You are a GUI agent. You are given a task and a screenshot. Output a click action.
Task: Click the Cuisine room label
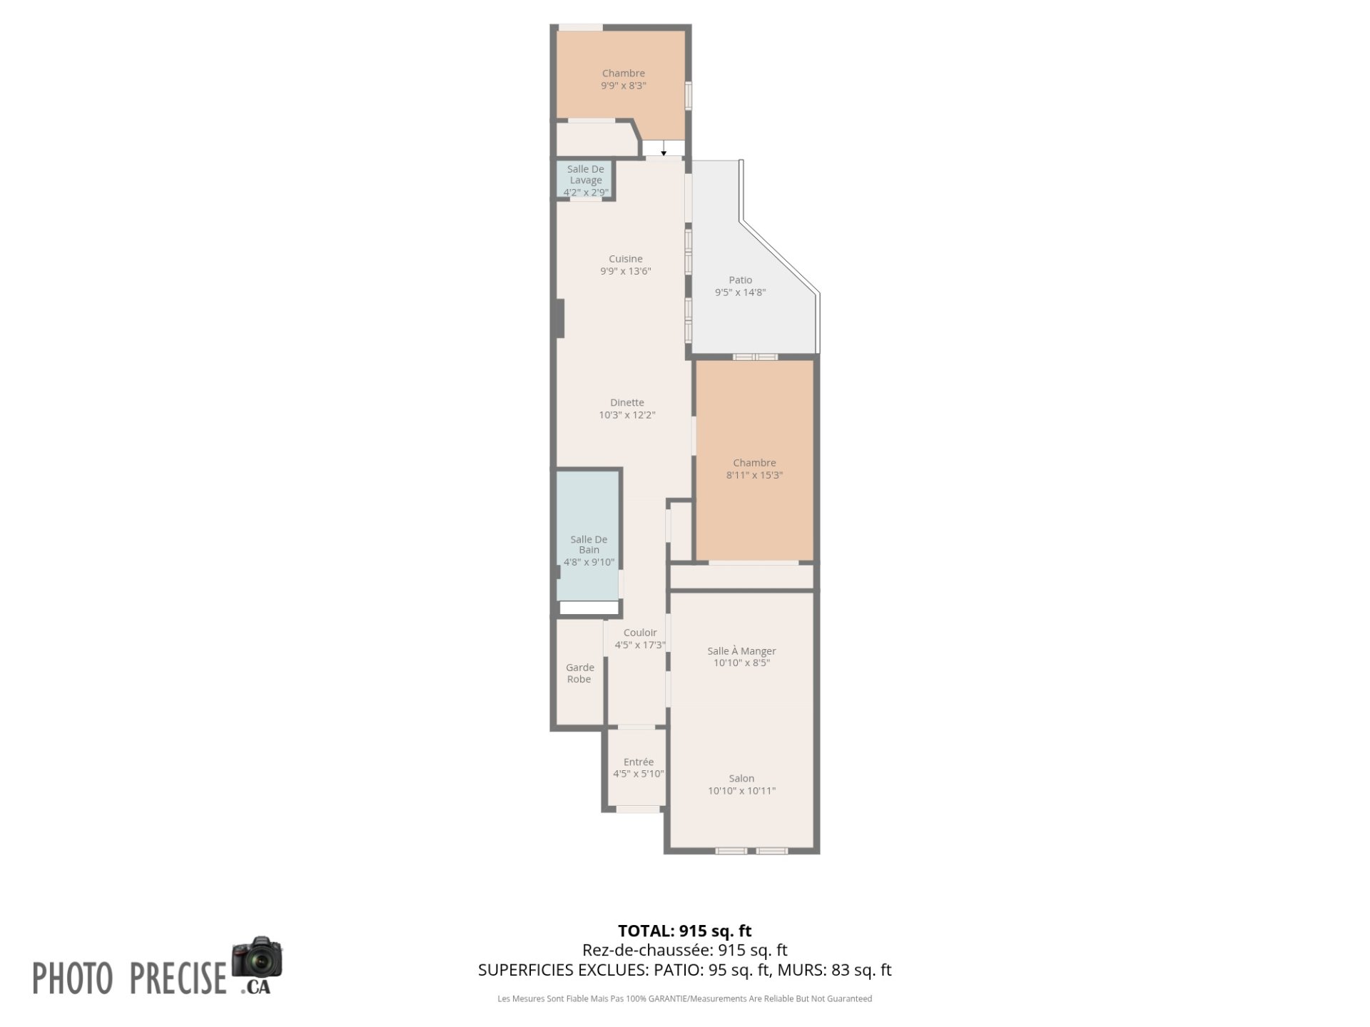click(x=626, y=259)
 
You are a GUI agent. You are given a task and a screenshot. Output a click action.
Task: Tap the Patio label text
click(x=740, y=280)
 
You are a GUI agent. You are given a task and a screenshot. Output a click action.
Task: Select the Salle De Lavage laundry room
click(x=585, y=180)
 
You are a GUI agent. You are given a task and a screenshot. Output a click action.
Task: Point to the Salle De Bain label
click(x=589, y=545)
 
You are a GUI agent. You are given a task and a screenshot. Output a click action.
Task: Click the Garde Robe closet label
click(x=579, y=673)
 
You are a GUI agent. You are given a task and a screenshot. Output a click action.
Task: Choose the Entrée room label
click(x=638, y=762)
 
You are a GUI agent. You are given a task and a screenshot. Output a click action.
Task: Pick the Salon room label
click(x=741, y=778)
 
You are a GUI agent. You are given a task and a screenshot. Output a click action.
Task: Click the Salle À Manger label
click(x=741, y=650)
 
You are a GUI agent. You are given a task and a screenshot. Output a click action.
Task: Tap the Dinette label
click(x=627, y=402)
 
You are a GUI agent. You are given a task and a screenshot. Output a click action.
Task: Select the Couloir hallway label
click(x=640, y=633)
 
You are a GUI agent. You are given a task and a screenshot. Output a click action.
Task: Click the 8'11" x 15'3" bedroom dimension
click(x=754, y=475)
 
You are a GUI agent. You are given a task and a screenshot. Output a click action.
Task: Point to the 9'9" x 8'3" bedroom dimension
click(x=624, y=86)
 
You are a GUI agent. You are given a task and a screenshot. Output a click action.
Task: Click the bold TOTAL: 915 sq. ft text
click(x=685, y=931)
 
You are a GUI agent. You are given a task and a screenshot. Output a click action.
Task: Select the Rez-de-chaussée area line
click(x=685, y=950)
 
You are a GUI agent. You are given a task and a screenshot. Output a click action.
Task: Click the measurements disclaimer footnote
click(x=685, y=998)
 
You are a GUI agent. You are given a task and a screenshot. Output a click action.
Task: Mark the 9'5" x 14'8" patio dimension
click(x=740, y=292)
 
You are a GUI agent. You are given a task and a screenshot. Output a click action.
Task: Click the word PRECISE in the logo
click(x=178, y=978)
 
